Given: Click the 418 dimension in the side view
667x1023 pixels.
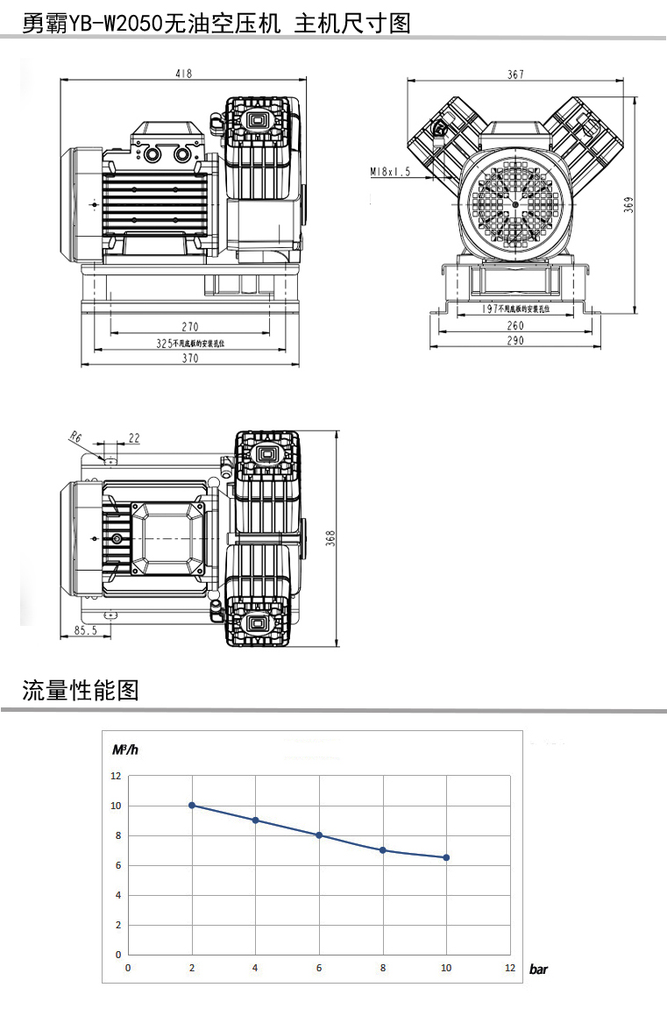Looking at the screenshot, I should pyautogui.click(x=183, y=75).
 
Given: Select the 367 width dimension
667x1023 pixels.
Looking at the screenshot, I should pyautogui.click(x=515, y=75).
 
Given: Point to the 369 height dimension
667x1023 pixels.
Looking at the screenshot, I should pyautogui.click(x=628, y=205).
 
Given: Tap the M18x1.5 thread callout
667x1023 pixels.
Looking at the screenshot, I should pyautogui.click(x=390, y=172).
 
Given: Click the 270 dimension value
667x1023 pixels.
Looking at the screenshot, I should pyautogui.click(x=189, y=327).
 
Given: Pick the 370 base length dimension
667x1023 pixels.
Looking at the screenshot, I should pyautogui.click(x=189, y=359).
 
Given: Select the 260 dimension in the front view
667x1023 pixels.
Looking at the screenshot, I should pyautogui.click(x=515, y=326).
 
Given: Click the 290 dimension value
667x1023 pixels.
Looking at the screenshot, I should pyautogui.click(x=515, y=341).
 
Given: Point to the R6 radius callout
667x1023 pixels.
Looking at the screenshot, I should pyautogui.click(x=75, y=436).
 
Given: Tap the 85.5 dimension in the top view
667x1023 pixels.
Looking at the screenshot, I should pyautogui.click(x=85, y=630).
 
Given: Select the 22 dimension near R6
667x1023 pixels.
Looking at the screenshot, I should pyautogui.click(x=134, y=437).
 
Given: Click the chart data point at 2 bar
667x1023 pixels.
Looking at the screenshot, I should pyautogui.click(x=192, y=806).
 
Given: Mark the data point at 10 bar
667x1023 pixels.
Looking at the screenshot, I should pyautogui.click(x=446, y=857).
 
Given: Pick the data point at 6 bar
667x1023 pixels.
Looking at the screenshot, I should pyautogui.click(x=319, y=835).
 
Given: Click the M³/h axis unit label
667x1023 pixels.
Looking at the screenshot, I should pyautogui.click(x=125, y=749).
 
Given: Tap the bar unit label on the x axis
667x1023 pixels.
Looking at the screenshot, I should pyautogui.click(x=538, y=970).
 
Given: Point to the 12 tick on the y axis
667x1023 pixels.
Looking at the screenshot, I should pyautogui.click(x=116, y=776).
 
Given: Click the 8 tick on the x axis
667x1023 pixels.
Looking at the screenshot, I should pyautogui.click(x=382, y=968).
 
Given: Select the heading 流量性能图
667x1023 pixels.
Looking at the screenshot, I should pyautogui.click(x=81, y=690).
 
